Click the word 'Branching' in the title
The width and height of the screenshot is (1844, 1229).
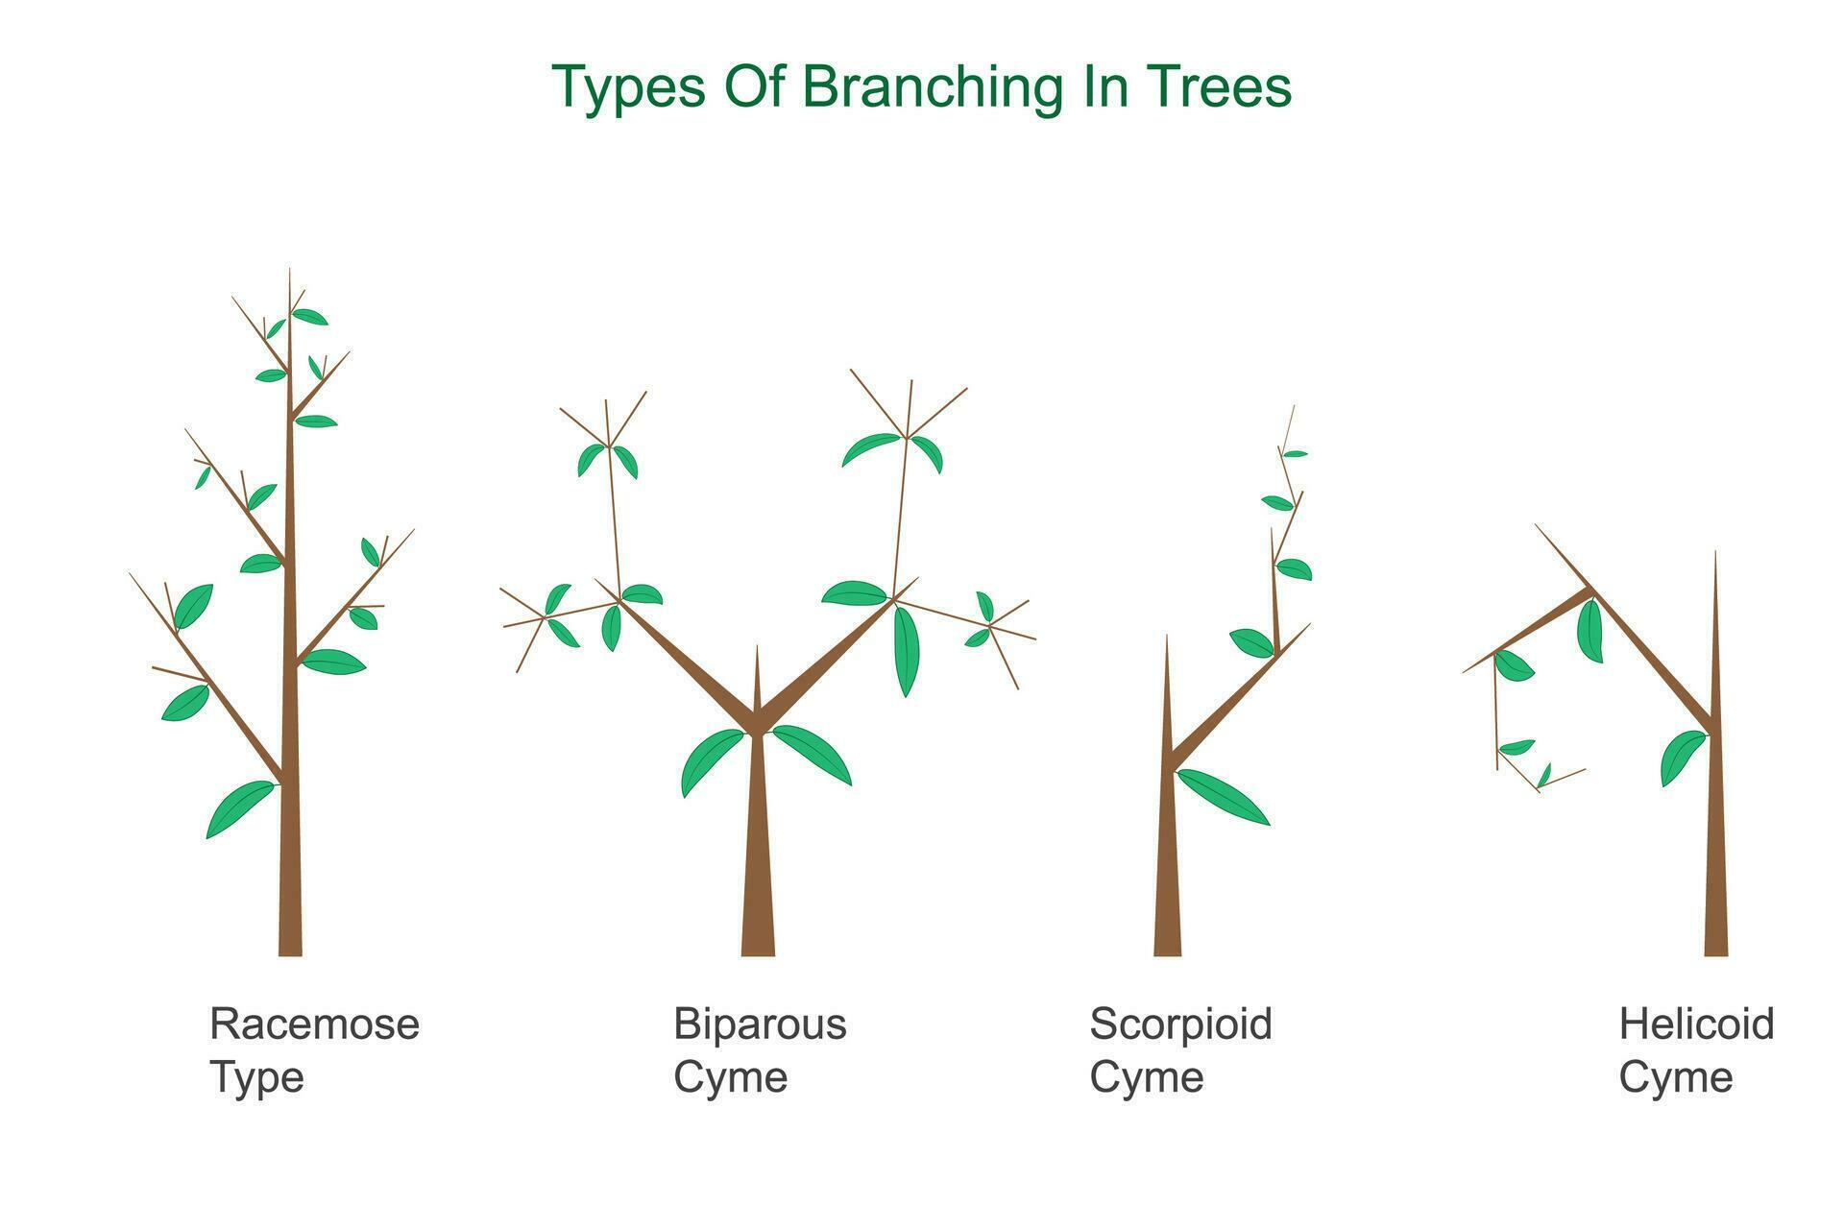pyautogui.click(x=932, y=87)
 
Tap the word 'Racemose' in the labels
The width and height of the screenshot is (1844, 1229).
pyautogui.click(x=314, y=1024)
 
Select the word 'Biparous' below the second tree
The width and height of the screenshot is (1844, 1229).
pyautogui.click(x=760, y=1024)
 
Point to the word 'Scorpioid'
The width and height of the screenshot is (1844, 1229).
pyautogui.click(x=1180, y=1024)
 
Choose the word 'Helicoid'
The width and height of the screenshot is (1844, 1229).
pyautogui.click(x=1696, y=1024)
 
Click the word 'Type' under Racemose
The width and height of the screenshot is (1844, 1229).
pyautogui.click(x=256, y=1077)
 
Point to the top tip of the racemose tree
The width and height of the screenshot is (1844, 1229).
pyautogui.click(x=289, y=273)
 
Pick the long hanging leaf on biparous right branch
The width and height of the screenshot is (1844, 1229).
pyautogui.click(x=906, y=650)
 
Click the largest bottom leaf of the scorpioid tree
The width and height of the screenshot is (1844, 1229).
pyautogui.click(x=1223, y=796)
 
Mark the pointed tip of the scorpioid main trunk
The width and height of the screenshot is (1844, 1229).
pyautogui.click(x=1167, y=639)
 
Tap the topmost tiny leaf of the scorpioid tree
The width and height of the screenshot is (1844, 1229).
pyautogui.click(x=1295, y=453)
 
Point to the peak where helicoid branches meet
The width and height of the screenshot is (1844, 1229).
pyautogui.click(x=1589, y=589)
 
